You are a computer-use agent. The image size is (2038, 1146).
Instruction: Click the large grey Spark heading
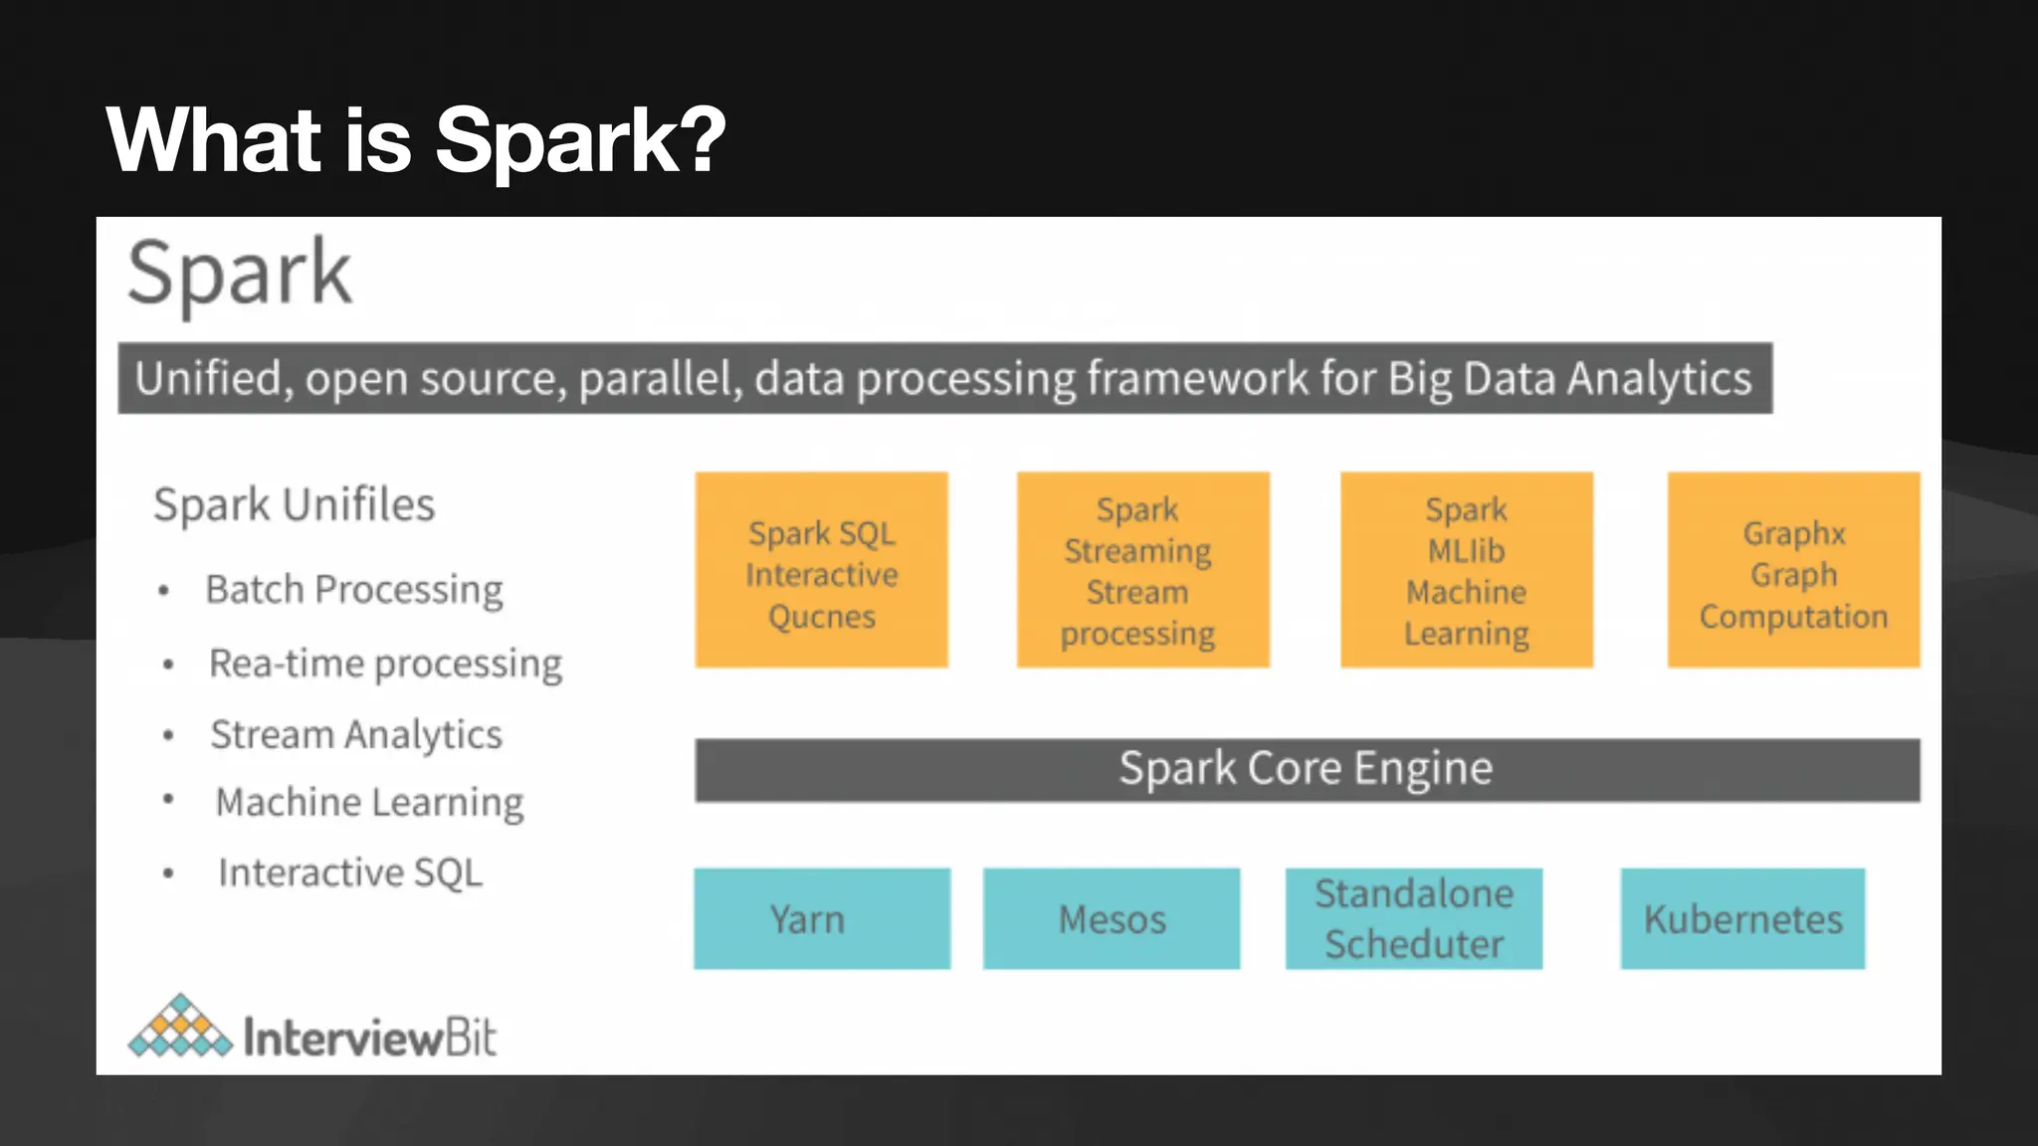[239, 273]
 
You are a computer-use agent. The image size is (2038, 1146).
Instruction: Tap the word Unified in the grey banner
[209, 379]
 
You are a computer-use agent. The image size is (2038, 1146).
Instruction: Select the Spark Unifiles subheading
[294, 504]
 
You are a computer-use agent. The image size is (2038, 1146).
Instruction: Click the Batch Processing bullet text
[354, 589]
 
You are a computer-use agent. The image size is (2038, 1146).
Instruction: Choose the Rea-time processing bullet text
[385, 664]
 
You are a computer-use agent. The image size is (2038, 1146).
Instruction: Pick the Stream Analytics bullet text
[356, 734]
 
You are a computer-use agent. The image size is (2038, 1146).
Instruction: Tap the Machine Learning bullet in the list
[369, 802]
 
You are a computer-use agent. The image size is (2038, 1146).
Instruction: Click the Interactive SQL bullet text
[350, 872]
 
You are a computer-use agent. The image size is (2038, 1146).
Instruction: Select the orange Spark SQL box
[821, 570]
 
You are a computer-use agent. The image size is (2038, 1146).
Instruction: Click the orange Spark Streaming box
[1142, 570]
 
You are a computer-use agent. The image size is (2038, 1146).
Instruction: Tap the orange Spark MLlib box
[1466, 570]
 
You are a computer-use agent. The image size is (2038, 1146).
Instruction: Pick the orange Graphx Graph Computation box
[1793, 570]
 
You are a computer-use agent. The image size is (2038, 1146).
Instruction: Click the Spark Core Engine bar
[1307, 769]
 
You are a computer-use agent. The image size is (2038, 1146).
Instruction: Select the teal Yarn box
[821, 918]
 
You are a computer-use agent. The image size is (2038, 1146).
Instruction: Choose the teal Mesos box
[1111, 918]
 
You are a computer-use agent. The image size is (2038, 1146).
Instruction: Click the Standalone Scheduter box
[1413, 918]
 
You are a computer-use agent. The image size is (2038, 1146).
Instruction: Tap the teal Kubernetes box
[1742, 918]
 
